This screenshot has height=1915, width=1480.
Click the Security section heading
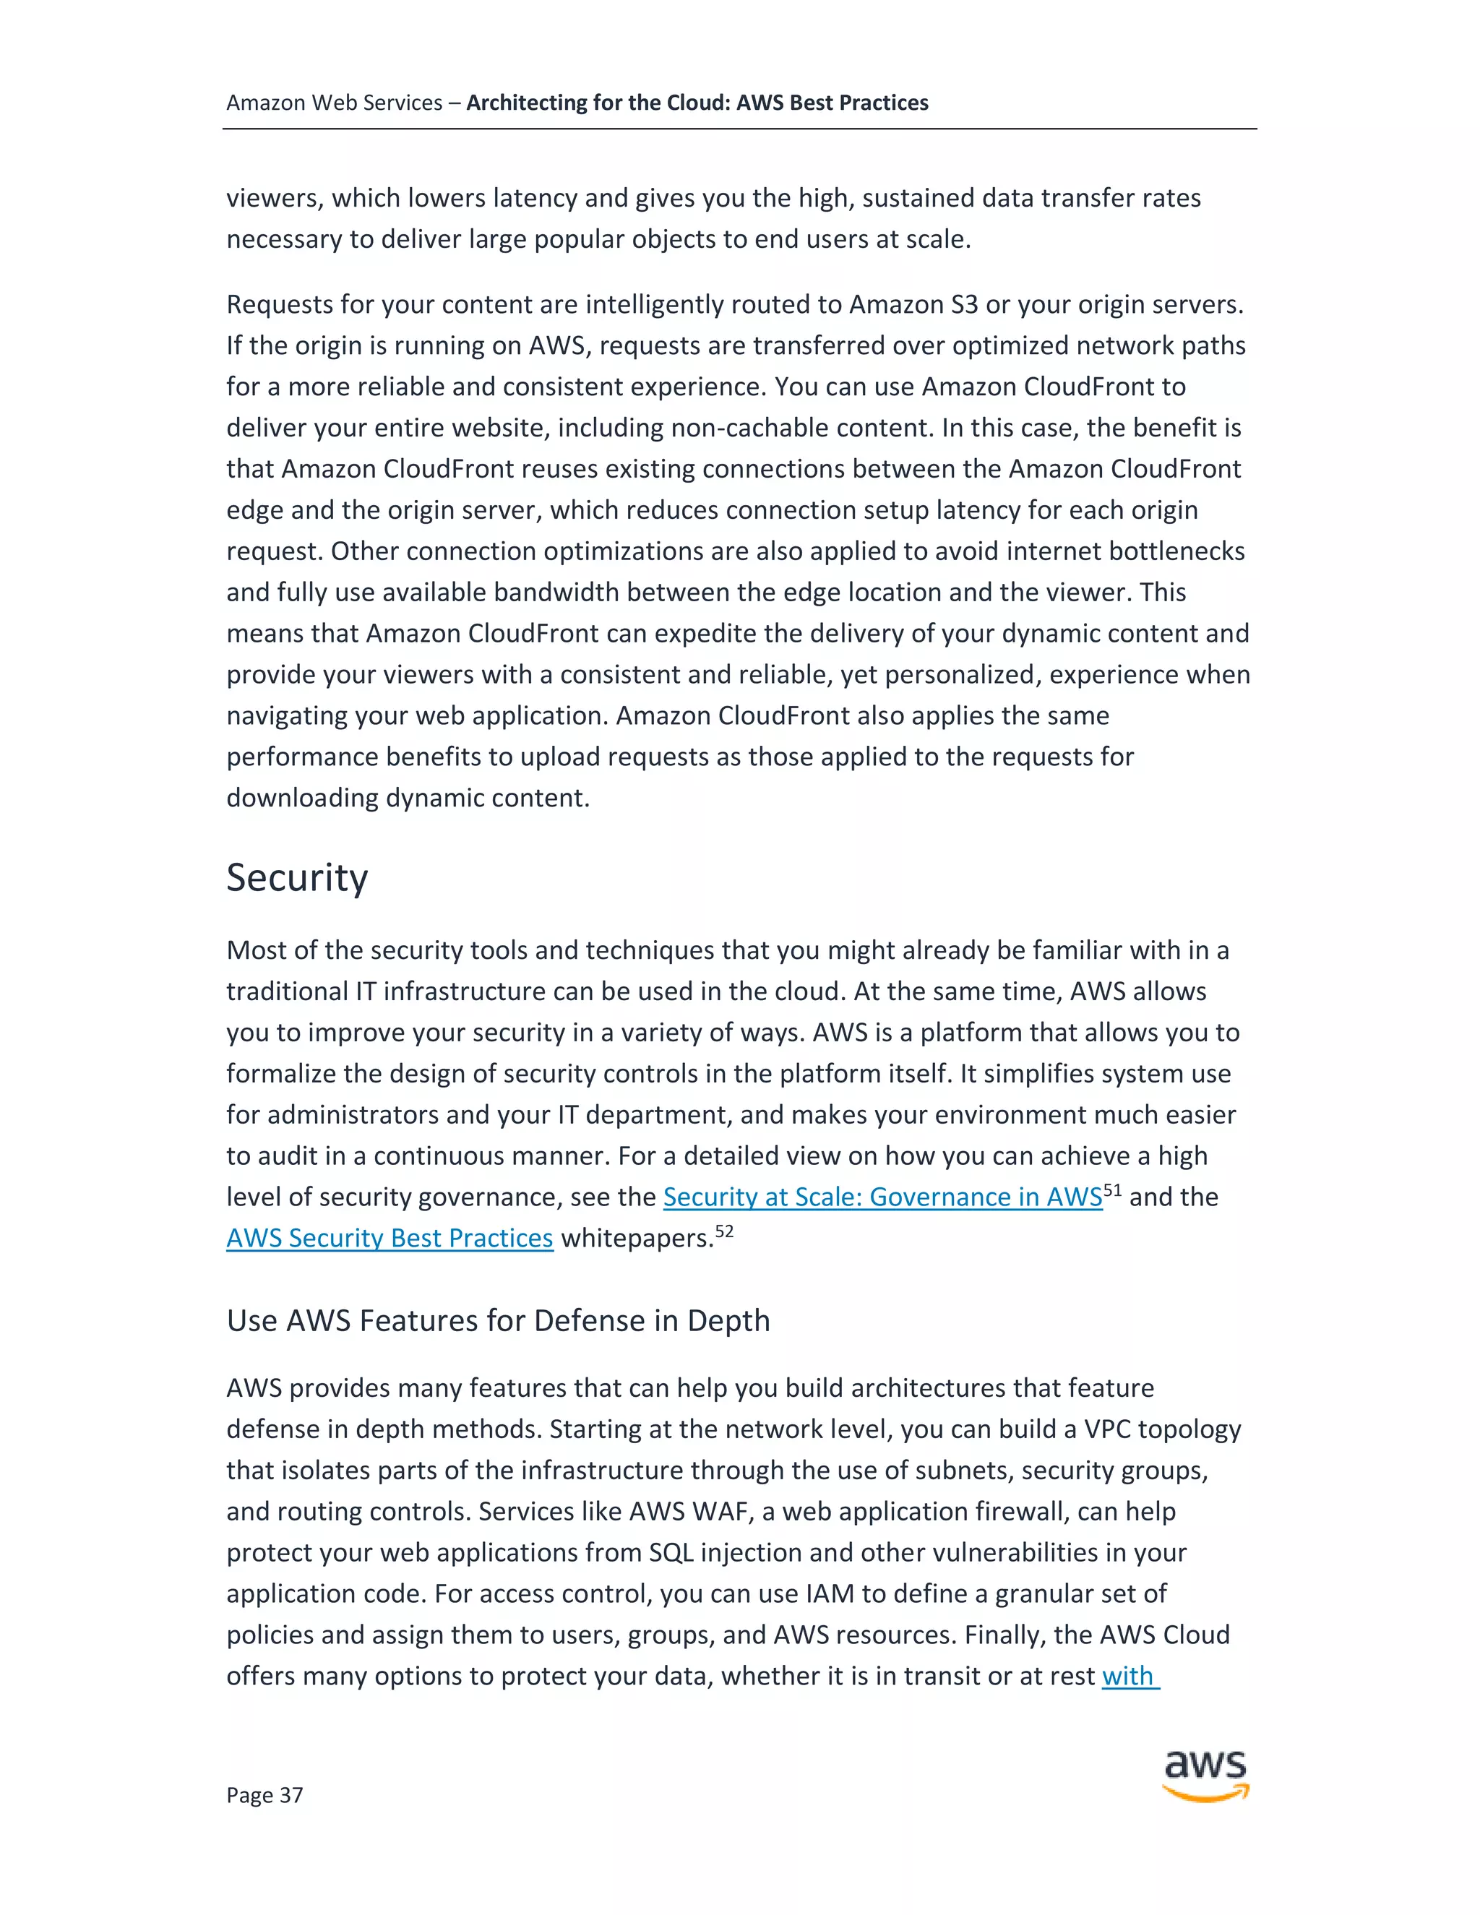click(296, 878)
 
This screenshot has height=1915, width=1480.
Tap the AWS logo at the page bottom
click(1205, 1775)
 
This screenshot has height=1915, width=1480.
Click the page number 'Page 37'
click(264, 1795)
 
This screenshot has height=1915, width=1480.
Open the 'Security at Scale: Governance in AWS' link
click(882, 1197)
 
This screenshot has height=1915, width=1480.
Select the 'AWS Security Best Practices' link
click(390, 1238)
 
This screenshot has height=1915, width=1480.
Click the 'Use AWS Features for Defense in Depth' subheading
click(497, 1320)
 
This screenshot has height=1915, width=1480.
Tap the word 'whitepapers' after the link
click(636, 1238)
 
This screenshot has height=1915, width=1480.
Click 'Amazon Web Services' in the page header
click(334, 103)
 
